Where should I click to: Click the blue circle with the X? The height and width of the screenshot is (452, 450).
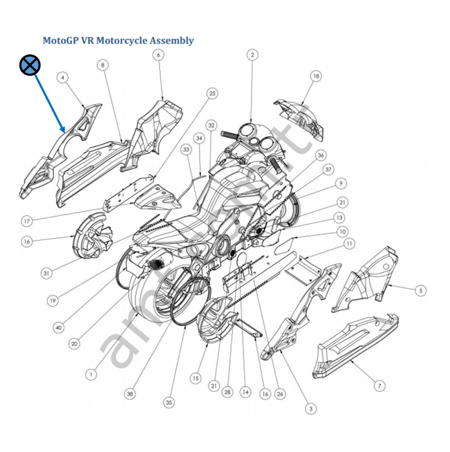(x=30, y=65)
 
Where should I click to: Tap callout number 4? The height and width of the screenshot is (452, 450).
(x=63, y=78)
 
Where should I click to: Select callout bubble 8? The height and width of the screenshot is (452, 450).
(x=103, y=65)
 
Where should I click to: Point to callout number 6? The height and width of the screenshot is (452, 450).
(x=159, y=55)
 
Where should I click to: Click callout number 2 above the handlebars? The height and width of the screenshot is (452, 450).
(x=252, y=55)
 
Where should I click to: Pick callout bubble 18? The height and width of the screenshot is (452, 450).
(x=316, y=77)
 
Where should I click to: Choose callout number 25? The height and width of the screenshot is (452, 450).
(x=213, y=93)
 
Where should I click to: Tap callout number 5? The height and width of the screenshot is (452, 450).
(x=420, y=291)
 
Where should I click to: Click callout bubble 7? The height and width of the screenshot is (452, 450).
(x=380, y=385)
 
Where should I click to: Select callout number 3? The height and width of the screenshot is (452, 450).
(x=311, y=407)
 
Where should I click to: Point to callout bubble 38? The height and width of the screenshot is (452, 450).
(x=129, y=393)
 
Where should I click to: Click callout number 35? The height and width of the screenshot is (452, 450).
(x=169, y=402)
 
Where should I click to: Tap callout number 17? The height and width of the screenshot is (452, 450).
(x=26, y=220)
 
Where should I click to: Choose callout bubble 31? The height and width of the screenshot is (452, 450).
(x=47, y=273)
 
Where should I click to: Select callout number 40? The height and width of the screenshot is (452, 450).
(x=59, y=327)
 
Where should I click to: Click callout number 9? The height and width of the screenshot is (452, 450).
(x=342, y=183)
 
